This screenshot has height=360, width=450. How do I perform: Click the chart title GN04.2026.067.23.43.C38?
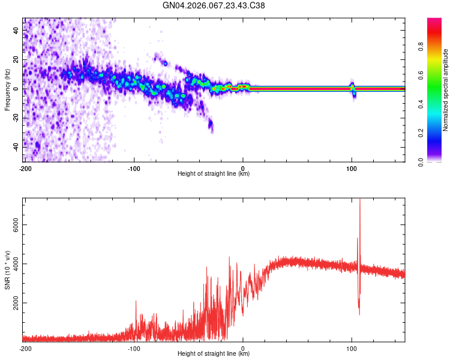pyautogui.click(x=214, y=5)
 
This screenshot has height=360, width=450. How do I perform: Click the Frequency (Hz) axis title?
pyautogui.click(x=7, y=89)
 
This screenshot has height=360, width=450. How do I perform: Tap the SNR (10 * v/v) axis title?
pyautogui.click(x=7, y=269)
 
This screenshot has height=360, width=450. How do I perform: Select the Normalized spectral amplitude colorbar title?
pyautogui.click(x=445, y=90)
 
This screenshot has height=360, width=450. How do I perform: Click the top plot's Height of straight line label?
pyautogui.click(x=214, y=174)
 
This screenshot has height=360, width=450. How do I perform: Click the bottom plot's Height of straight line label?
pyautogui.click(x=214, y=354)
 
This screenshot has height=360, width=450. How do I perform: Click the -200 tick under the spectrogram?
pyautogui.click(x=25, y=167)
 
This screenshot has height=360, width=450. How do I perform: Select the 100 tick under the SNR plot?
pyautogui.click(x=352, y=347)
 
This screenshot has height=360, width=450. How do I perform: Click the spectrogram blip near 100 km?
pyautogui.click(x=353, y=89)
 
